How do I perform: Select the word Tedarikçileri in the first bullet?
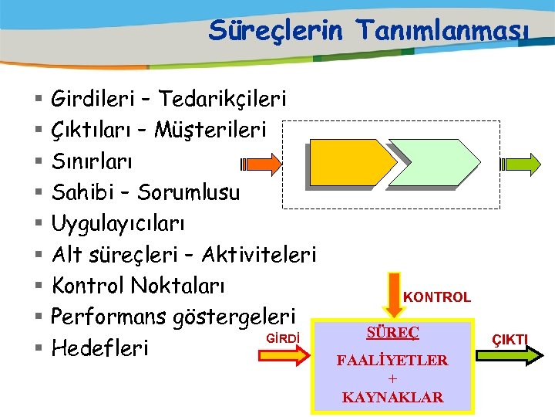(x=223, y=99)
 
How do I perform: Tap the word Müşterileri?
(x=210, y=131)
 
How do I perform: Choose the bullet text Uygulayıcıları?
(x=117, y=223)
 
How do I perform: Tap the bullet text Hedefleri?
(x=99, y=348)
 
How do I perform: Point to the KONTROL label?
(x=437, y=297)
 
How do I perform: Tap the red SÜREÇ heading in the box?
(x=392, y=333)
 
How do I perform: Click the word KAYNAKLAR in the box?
(x=392, y=398)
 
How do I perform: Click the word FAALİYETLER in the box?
(x=392, y=361)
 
